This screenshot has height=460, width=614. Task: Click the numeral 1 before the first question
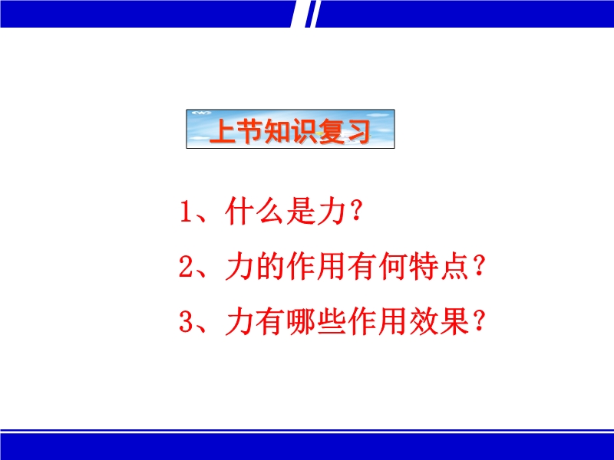(x=186, y=212)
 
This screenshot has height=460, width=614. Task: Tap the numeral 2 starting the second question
(x=185, y=267)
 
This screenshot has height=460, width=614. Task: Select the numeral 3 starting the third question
(x=185, y=322)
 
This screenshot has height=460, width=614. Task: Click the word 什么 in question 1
(x=254, y=212)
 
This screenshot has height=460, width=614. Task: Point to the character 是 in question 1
(x=301, y=212)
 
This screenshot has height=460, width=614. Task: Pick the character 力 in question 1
(x=332, y=212)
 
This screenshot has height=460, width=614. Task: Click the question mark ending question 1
(x=356, y=211)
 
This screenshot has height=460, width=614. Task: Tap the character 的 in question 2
(x=270, y=267)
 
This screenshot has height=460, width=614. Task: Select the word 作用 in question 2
(x=315, y=267)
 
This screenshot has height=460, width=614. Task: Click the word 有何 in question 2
(x=377, y=267)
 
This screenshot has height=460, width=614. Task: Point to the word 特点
(x=438, y=267)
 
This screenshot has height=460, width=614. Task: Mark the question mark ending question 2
(x=479, y=266)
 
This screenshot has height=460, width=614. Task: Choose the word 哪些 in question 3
(x=315, y=322)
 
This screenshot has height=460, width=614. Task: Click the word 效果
(x=438, y=322)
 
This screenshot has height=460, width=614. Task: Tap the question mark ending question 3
(x=479, y=321)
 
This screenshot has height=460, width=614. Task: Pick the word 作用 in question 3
(x=377, y=322)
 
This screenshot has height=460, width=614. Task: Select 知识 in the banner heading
(x=290, y=131)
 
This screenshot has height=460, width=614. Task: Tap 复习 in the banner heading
(x=344, y=131)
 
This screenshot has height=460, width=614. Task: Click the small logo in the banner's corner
(x=201, y=113)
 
